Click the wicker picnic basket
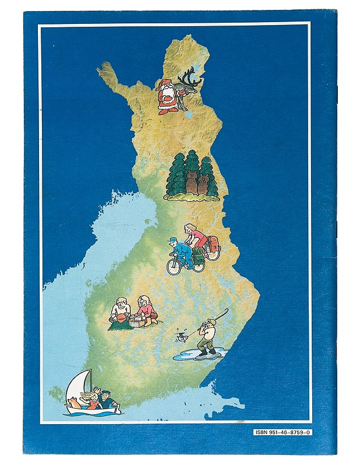[x=137, y=321]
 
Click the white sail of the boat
[x=82, y=386]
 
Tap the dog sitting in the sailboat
[x=75, y=403]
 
